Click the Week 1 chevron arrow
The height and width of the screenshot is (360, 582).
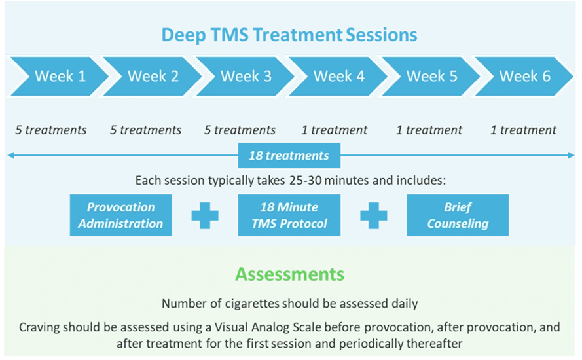[59, 76]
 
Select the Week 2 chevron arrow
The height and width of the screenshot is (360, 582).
[153, 76]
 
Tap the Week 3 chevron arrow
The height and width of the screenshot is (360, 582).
[246, 76]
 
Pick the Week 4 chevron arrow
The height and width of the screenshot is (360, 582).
[338, 76]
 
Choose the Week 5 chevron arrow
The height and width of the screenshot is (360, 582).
[431, 76]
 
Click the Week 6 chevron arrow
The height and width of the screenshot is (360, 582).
[524, 76]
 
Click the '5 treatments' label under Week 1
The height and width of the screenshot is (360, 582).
[51, 130]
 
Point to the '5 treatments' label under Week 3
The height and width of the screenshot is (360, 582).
[240, 130]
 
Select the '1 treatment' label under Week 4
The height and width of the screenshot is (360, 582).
[335, 130]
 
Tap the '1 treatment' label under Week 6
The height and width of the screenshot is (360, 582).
[523, 130]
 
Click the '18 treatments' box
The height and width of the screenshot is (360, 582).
[289, 156]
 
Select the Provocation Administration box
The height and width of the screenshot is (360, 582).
[120, 215]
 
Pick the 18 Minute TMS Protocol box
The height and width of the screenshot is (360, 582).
[289, 215]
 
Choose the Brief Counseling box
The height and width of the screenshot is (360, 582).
[458, 215]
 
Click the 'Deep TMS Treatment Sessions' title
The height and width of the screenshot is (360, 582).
[289, 35]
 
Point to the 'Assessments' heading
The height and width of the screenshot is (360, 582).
[290, 273]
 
